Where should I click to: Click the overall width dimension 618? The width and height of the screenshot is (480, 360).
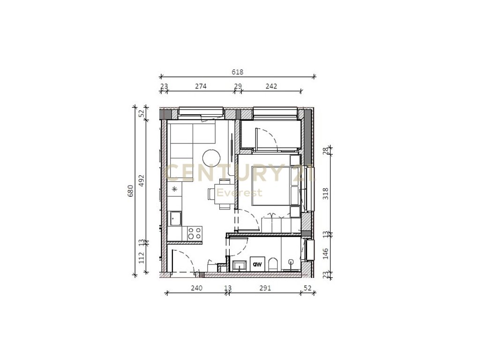pyautogui.click(x=238, y=72)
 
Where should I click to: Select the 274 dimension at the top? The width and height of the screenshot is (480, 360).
pyautogui.click(x=201, y=86)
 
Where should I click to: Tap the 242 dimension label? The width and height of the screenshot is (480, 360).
pyautogui.click(x=271, y=86)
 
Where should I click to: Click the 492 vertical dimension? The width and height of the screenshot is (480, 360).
pyautogui.click(x=142, y=180)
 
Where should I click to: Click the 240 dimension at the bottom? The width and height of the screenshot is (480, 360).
pyautogui.click(x=196, y=288)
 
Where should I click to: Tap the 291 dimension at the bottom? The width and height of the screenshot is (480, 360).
pyautogui.click(x=265, y=288)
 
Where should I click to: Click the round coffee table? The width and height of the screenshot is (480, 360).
pyautogui.click(x=211, y=157)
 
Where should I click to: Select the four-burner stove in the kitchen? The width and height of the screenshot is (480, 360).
pyautogui.click(x=195, y=232)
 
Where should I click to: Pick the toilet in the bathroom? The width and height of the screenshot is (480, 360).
pyautogui.click(x=273, y=263)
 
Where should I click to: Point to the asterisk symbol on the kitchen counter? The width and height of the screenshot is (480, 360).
pyautogui.click(x=175, y=189)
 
